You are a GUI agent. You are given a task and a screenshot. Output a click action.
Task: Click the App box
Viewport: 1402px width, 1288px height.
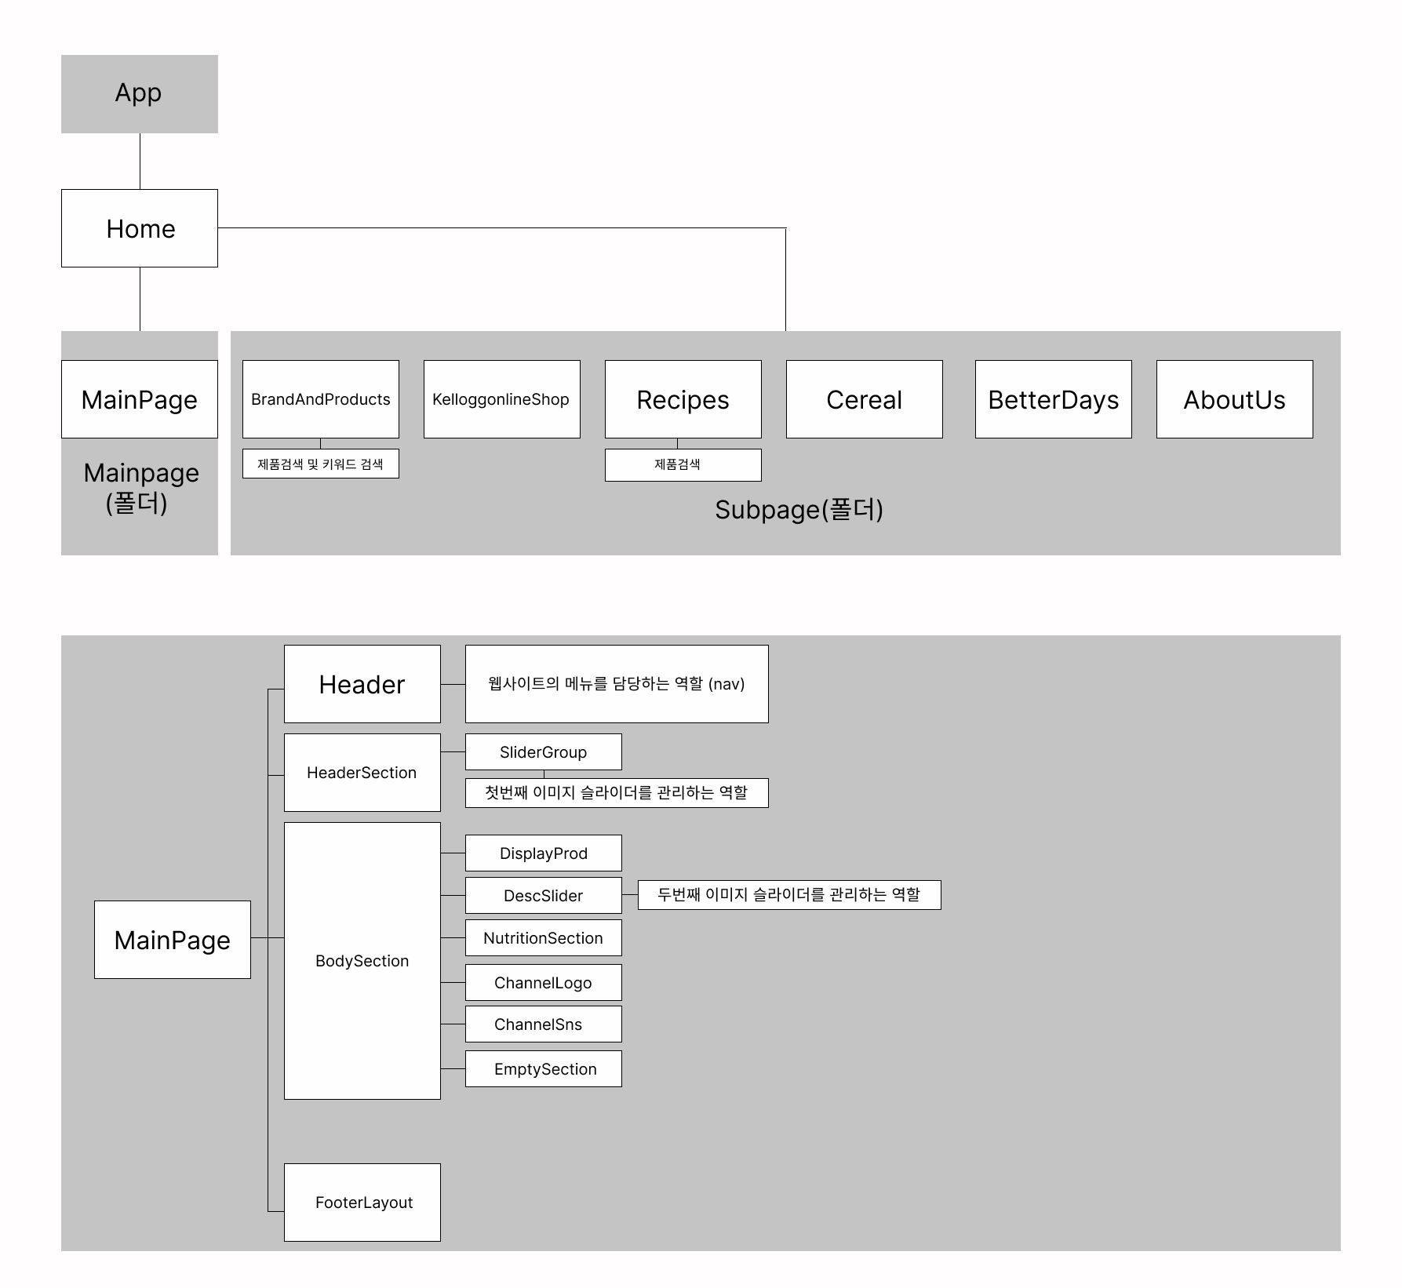click(140, 94)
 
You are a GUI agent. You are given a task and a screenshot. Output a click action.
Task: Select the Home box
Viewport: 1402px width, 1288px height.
click(140, 228)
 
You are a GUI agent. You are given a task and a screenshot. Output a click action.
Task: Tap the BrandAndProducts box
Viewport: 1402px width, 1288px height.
click(320, 399)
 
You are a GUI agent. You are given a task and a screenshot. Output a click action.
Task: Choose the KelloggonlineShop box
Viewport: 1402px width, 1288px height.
click(501, 399)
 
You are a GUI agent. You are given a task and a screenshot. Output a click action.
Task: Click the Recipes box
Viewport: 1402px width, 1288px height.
click(683, 399)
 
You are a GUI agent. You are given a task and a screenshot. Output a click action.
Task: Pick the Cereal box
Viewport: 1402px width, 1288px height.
click(864, 399)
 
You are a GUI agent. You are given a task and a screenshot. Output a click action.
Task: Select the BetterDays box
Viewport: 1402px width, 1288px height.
click(1053, 399)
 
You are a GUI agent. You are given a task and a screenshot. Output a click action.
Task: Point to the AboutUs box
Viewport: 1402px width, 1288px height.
click(1234, 399)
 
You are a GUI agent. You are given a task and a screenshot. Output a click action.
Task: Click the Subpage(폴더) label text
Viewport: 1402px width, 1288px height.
click(799, 510)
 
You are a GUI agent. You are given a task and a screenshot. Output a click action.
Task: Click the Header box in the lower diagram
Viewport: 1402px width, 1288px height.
click(362, 684)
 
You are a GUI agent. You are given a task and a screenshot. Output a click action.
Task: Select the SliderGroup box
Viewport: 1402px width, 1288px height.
click(543, 752)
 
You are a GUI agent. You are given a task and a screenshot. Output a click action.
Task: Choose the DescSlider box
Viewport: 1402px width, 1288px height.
click(543, 896)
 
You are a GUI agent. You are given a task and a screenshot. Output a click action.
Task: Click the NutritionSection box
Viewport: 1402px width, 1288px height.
click(543, 938)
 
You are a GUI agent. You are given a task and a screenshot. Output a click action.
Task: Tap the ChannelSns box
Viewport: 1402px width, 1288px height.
click(543, 1024)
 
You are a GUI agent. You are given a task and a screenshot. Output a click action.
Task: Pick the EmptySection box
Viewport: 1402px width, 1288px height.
click(543, 1069)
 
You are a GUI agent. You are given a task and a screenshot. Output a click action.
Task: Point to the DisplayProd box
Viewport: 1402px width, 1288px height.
click(543, 853)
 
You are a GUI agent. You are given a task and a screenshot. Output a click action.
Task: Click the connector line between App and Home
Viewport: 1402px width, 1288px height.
click(140, 161)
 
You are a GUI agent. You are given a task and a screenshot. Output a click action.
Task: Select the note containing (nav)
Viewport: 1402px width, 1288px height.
click(617, 684)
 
